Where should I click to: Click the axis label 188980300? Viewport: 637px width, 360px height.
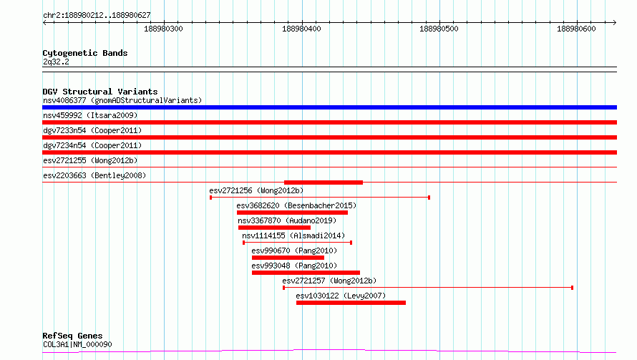(x=163, y=29)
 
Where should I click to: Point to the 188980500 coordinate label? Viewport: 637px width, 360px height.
(x=439, y=29)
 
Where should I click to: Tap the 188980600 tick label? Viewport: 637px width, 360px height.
(x=576, y=29)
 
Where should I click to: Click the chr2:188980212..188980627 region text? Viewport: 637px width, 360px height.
(x=97, y=16)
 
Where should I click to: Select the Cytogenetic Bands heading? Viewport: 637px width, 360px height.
(x=85, y=53)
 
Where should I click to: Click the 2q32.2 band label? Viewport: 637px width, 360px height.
(x=56, y=62)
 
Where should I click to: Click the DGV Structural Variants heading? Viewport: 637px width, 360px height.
(x=100, y=92)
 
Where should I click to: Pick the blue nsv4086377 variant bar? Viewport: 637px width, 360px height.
(x=329, y=107)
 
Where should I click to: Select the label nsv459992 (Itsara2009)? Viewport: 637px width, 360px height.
(x=90, y=115)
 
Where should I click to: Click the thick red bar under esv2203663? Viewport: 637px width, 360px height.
(x=324, y=183)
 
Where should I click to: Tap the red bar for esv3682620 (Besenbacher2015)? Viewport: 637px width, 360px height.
(x=292, y=213)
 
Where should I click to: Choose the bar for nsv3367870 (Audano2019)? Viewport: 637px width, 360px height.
(x=274, y=228)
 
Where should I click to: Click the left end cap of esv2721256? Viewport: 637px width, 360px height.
(x=210, y=198)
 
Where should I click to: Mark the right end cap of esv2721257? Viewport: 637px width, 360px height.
(x=572, y=288)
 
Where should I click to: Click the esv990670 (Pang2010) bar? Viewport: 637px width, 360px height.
(x=288, y=258)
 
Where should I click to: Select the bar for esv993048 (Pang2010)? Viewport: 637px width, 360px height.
(x=306, y=273)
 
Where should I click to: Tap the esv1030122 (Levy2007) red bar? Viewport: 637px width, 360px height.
(x=351, y=303)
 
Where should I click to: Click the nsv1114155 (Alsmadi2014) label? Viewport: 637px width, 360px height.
(x=293, y=235)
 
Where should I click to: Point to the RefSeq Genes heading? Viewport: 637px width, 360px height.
(x=73, y=336)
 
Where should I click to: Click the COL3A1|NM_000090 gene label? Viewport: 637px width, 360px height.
(x=77, y=344)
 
